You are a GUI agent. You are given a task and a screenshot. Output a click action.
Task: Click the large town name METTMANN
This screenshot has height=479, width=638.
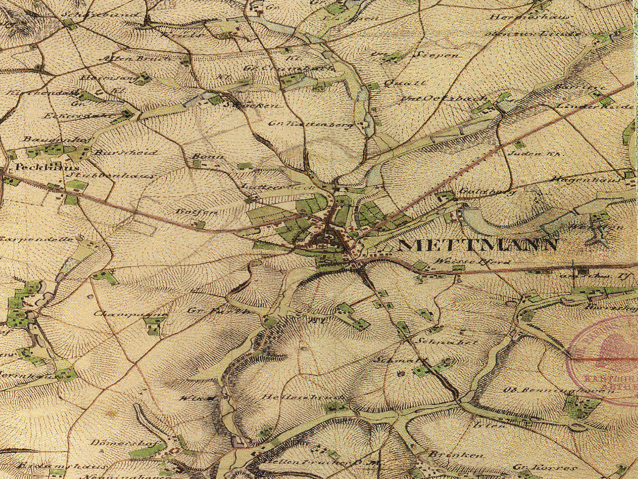pyautogui.click(x=477, y=245)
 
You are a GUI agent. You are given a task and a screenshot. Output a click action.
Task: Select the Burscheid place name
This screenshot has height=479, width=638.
pyautogui.click(x=125, y=152)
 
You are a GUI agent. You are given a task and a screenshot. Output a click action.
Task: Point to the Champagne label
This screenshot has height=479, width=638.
pyautogui.click(x=130, y=313)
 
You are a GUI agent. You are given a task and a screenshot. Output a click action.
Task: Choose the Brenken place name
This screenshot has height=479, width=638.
pyautogui.click(x=456, y=455)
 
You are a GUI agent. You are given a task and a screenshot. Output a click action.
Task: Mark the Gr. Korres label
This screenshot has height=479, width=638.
pyautogui.click(x=544, y=467)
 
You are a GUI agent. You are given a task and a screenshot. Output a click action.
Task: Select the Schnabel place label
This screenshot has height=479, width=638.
pyautogui.click(x=447, y=342)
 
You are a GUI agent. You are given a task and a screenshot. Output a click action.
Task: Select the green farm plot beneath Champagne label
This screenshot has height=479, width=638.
pyautogui.click(x=154, y=326)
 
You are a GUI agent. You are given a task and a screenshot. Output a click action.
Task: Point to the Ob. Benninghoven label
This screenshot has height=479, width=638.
pyautogui.click(x=558, y=390)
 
